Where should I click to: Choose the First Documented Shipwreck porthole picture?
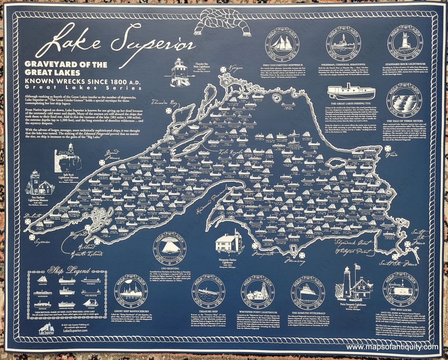(281, 47)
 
